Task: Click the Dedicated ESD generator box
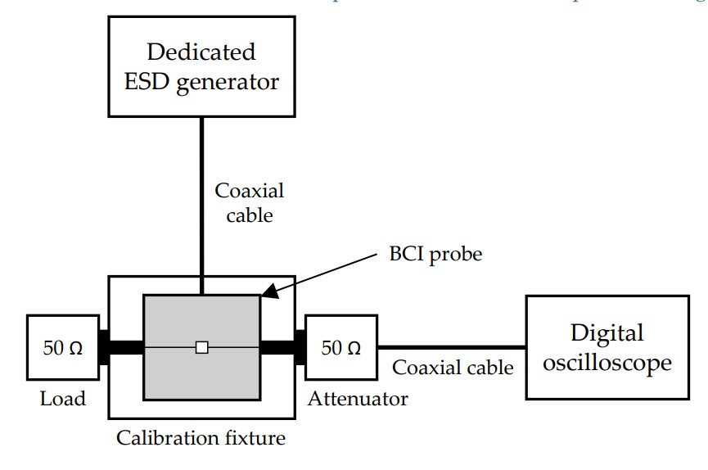point(201,67)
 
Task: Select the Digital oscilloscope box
point(607,347)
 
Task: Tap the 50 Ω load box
point(62,347)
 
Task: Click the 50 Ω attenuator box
point(341,347)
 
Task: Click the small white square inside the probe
point(202,347)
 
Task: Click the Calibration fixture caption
point(201,438)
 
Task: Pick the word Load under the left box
point(62,399)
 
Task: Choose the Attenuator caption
point(358,399)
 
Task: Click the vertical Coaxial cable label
point(250,202)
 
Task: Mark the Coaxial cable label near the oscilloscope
point(453,368)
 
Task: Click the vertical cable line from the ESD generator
point(201,205)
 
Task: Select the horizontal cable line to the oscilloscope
point(451,347)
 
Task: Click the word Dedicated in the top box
point(201,52)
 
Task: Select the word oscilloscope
point(607,363)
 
